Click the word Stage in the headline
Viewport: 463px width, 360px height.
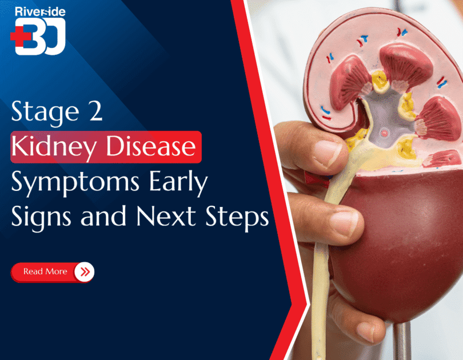point(46,112)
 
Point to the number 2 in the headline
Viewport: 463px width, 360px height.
point(95,112)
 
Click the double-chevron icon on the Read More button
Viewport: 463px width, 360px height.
point(85,272)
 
